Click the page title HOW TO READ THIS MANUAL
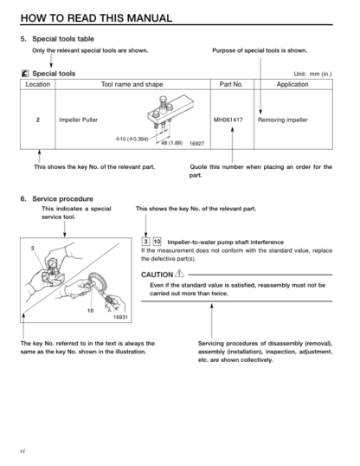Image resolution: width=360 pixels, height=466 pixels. click(96, 18)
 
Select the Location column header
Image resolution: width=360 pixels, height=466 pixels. click(38, 84)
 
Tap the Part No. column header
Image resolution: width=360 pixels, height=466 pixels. click(231, 84)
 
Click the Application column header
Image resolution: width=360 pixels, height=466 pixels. click(292, 84)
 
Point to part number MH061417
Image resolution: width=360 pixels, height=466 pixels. click(228, 120)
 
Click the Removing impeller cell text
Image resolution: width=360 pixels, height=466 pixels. click(283, 120)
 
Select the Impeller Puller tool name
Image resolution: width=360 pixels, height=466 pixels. click(78, 120)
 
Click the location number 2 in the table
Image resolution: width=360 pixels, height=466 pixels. click(38, 120)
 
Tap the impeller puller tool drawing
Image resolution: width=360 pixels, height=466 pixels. click(170, 112)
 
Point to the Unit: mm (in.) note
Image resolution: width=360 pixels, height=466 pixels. click(312, 74)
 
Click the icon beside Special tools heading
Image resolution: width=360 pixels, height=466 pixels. click(25, 74)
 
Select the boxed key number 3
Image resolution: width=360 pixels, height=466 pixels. click(145, 242)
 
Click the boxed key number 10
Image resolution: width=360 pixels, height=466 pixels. click(157, 242)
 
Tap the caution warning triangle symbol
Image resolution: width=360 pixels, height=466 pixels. click(179, 273)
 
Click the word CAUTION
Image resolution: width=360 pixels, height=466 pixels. click(157, 275)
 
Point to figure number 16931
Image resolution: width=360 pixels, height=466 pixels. click(120, 317)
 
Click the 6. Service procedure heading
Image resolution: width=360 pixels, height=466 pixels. click(57, 199)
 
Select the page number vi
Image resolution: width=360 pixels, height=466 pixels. click(22, 451)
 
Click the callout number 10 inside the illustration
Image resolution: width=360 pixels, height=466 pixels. click(90, 311)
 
